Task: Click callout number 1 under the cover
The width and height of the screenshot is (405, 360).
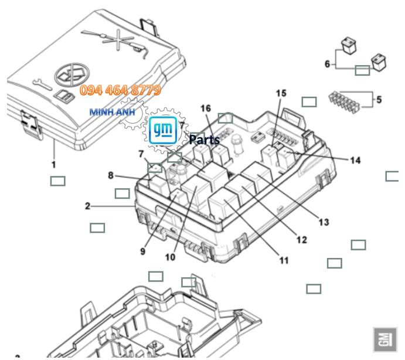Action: pos(53,165)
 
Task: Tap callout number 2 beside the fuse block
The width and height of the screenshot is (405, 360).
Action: pos(87,206)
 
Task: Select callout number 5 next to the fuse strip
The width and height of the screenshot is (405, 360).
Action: pos(379,100)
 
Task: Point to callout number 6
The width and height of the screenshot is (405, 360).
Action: pos(328,63)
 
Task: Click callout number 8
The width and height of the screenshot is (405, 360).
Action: pos(110,174)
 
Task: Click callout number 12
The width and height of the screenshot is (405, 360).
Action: pos(301,240)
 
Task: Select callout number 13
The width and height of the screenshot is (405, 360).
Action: pos(324,222)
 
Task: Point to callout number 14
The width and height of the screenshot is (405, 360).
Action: pos(355,160)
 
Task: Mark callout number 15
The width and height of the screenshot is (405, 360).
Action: pos(281,94)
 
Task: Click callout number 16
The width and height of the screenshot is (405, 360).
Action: pos(205,108)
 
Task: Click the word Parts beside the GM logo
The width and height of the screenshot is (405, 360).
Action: pos(205,140)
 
